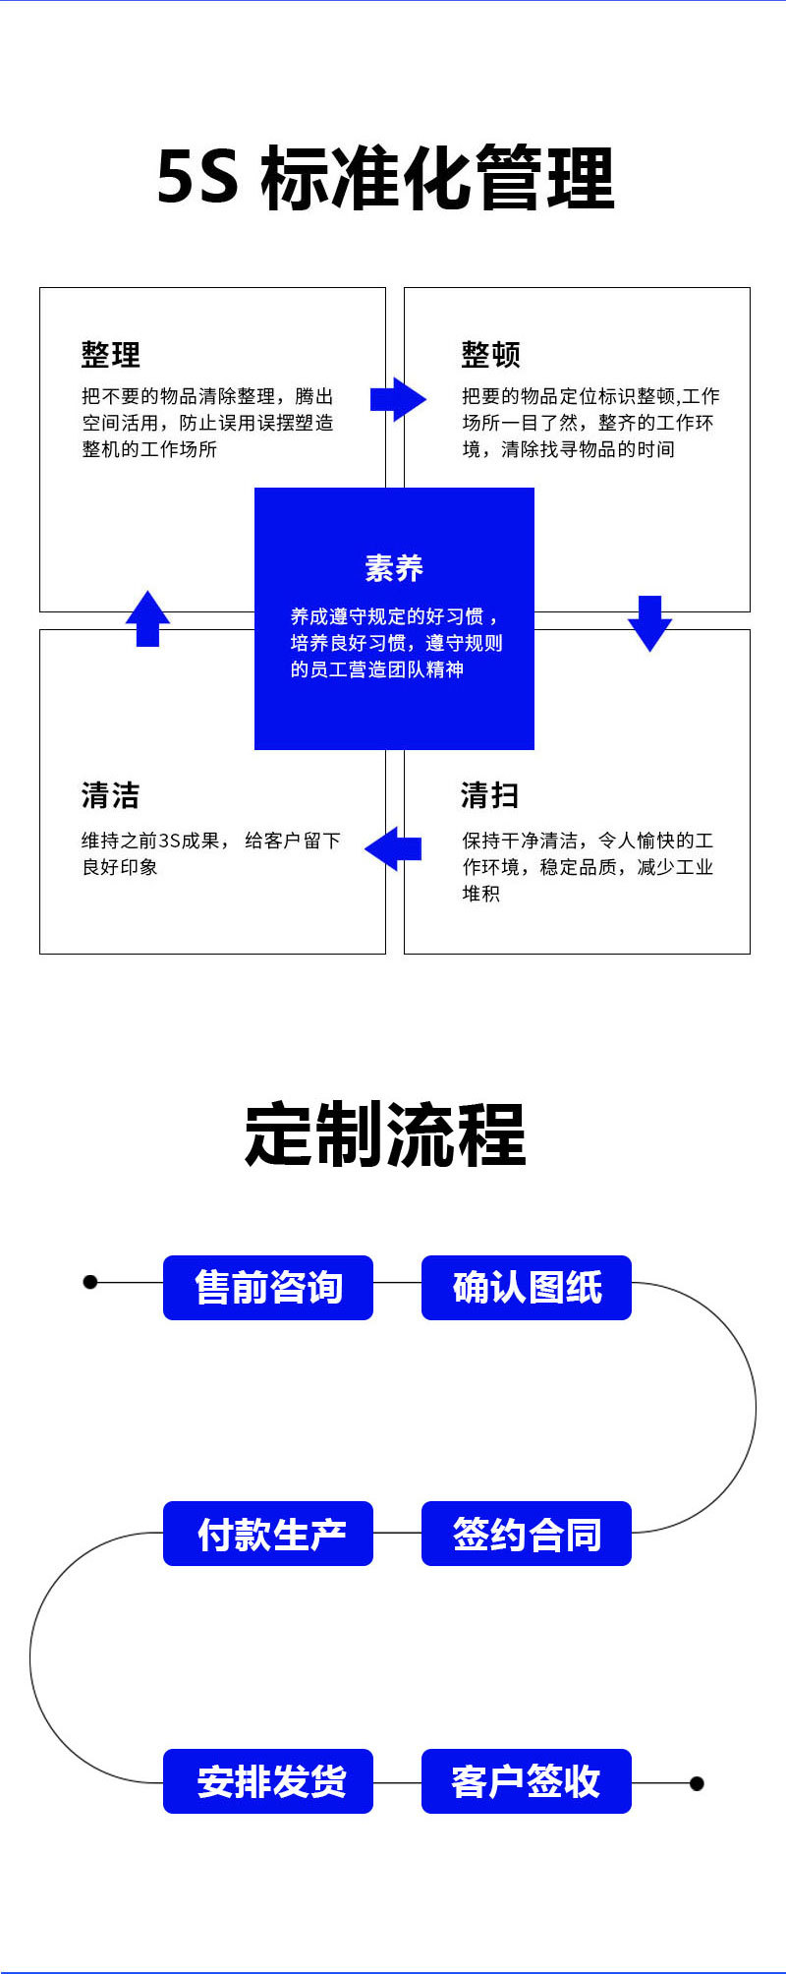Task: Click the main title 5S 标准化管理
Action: pos(386,178)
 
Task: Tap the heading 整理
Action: pos(110,354)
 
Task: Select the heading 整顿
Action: pos(490,354)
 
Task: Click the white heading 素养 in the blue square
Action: pos(394,568)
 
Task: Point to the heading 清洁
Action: pos(110,795)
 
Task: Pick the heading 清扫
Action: pos(489,795)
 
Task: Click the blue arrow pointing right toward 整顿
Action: pos(398,399)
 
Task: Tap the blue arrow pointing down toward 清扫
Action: pos(649,621)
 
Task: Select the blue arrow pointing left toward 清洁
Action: pos(393,848)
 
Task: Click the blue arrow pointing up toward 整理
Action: pos(147,618)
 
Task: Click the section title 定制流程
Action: pos(386,1135)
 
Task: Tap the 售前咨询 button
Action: pos(268,1288)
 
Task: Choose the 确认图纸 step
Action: pos(527,1288)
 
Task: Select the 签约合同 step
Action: pos(527,1534)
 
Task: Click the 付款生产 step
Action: pos(268,1534)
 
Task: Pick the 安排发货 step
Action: pos(268,1781)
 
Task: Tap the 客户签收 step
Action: pos(527,1781)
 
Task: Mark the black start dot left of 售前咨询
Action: pos(90,1282)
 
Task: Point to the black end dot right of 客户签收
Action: pos(697,1783)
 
